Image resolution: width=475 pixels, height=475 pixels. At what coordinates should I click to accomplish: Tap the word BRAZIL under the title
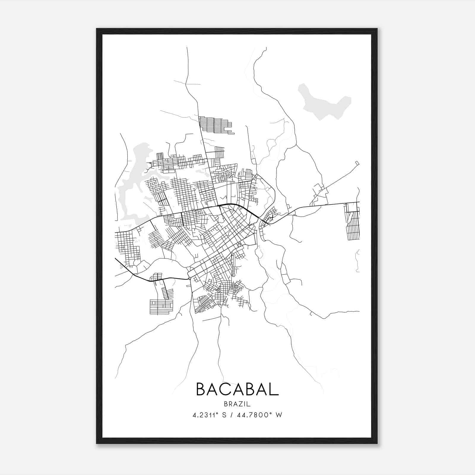237,404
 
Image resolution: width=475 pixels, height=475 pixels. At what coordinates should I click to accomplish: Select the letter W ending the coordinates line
279,415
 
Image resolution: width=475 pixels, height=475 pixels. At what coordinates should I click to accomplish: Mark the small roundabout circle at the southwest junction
189,278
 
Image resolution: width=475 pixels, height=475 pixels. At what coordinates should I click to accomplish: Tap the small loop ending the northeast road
357,163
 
